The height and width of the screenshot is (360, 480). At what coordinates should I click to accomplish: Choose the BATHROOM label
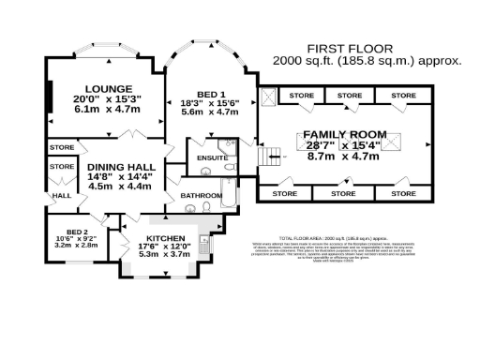200,195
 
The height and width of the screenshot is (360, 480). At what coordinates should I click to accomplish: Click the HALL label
63,196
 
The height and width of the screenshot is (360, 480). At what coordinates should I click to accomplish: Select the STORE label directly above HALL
62,167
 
